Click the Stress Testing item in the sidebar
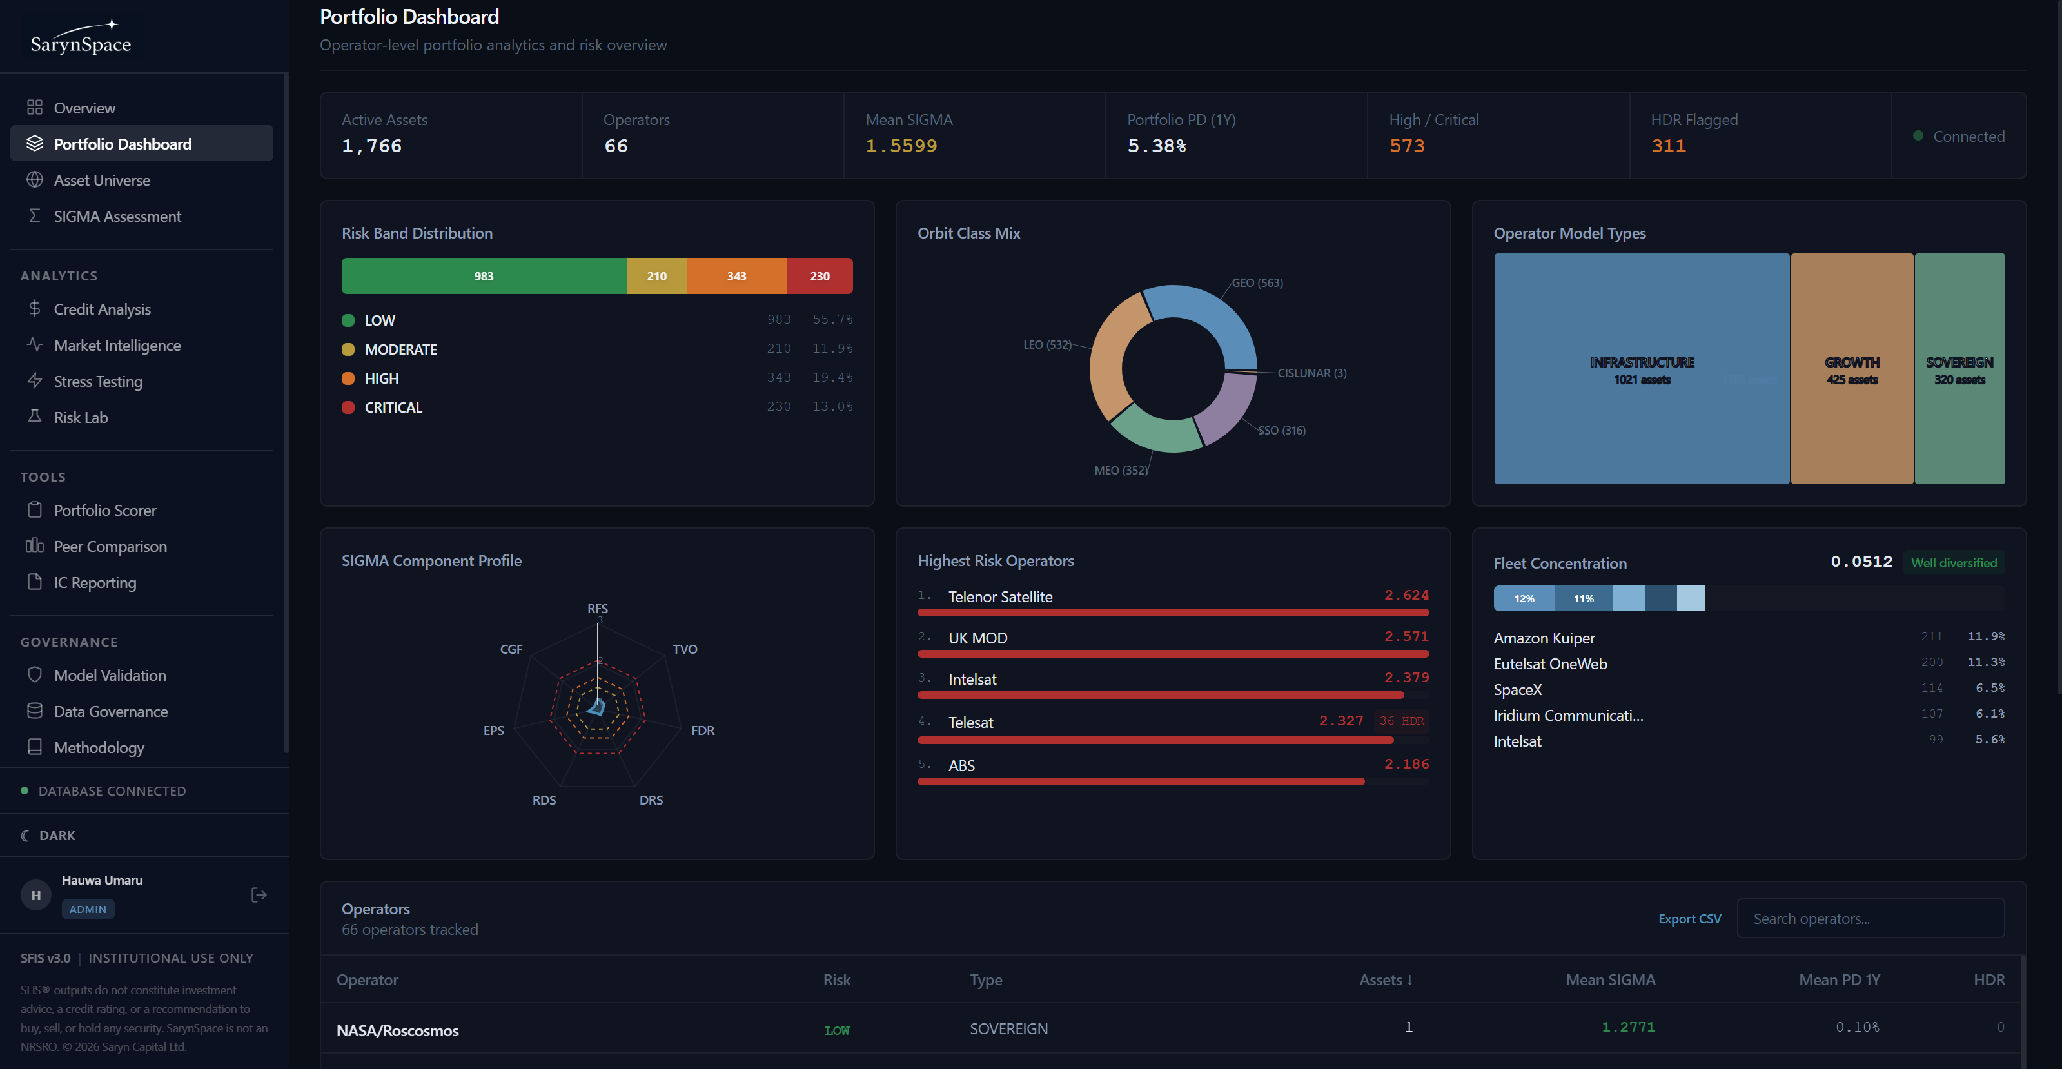click(x=97, y=382)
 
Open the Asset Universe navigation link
click(x=102, y=180)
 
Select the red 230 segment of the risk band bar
click(x=819, y=276)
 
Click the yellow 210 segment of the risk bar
click(x=656, y=276)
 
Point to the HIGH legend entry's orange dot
click(x=348, y=378)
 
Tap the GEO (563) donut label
click(x=1257, y=283)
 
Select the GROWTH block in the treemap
click(x=1851, y=369)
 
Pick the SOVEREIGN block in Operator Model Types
click(x=1959, y=369)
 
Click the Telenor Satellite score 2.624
click(x=1406, y=595)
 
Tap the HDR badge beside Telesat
click(x=1402, y=721)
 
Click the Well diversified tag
click(x=1953, y=562)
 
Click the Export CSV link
click(x=1689, y=919)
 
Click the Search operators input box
click(x=1870, y=919)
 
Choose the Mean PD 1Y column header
click(x=1839, y=979)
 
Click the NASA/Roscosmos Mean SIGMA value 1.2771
click(x=1627, y=1027)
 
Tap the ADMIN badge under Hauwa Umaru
click(x=88, y=909)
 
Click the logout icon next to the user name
click(x=259, y=894)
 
